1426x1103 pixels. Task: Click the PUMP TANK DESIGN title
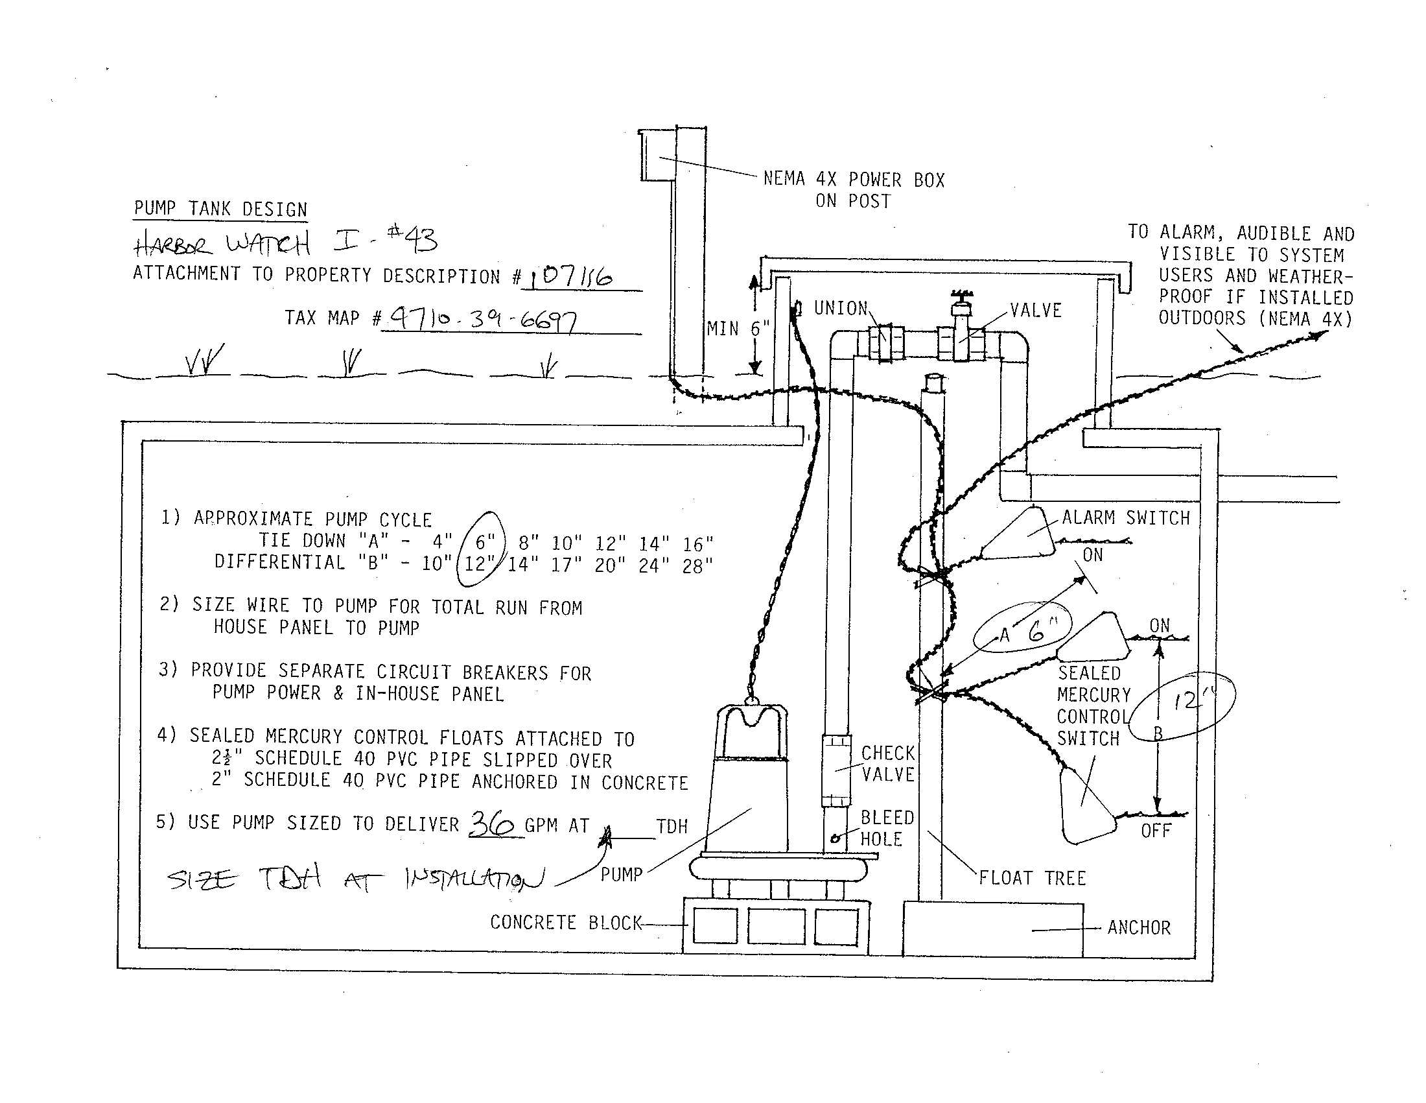(x=220, y=209)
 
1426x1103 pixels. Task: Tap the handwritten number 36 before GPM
(x=492, y=824)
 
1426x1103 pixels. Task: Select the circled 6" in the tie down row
(x=484, y=541)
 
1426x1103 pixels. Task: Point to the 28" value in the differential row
(x=697, y=565)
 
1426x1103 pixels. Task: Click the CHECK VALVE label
(x=888, y=763)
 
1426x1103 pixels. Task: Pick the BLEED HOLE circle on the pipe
(x=835, y=839)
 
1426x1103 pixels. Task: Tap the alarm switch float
(x=1019, y=535)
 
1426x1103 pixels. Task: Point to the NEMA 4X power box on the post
(x=656, y=156)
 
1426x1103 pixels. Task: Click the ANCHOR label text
(x=1139, y=927)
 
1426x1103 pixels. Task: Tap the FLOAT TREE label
(x=1033, y=878)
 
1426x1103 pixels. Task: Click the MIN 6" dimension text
(x=738, y=329)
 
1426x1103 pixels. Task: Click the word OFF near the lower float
(x=1156, y=831)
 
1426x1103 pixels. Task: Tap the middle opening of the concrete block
(x=776, y=927)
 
